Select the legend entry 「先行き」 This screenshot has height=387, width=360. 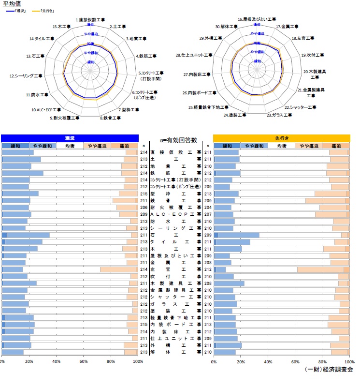(x=46, y=10)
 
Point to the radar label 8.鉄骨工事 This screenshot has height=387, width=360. (x=111, y=118)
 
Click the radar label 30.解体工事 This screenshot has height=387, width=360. (x=225, y=27)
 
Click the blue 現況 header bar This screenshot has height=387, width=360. (x=70, y=138)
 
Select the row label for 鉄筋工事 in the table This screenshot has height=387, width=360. (x=176, y=173)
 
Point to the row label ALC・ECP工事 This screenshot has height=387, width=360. (x=176, y=214)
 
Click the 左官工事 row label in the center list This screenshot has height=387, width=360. (x=176, y=269)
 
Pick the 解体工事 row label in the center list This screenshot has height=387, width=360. (x=176, y=352)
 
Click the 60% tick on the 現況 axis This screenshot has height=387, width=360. (x=84, y=361)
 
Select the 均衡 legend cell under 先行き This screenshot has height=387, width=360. (x=281, y=146)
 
